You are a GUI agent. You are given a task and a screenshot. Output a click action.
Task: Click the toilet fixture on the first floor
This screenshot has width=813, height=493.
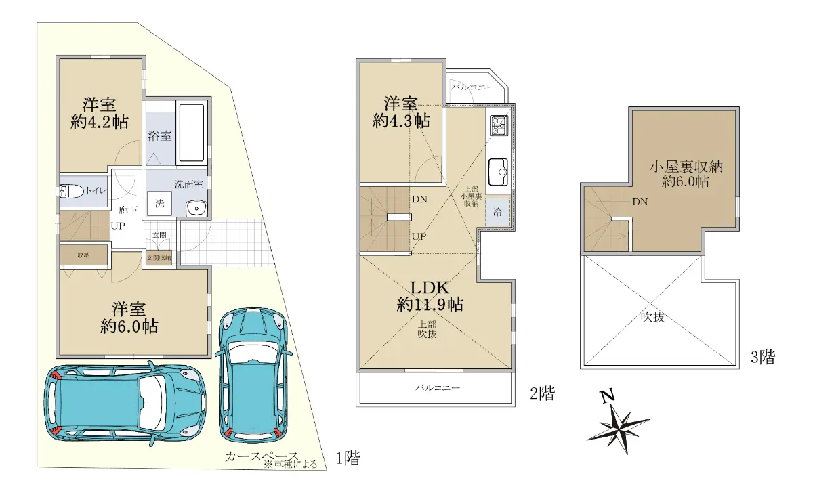point(71,191)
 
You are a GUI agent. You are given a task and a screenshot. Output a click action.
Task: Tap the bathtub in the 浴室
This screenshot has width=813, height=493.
point(191,133)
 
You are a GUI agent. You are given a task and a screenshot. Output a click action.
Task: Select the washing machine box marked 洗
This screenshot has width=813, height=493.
point(159,204)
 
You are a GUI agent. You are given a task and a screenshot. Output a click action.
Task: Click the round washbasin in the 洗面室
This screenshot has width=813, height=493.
point(196,209)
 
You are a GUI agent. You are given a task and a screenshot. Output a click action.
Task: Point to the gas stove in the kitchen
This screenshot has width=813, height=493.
point(499,125)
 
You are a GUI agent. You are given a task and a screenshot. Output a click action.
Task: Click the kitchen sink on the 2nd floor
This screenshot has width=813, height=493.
point(497,172)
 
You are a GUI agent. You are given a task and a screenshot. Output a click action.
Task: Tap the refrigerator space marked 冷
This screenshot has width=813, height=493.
point(497,212)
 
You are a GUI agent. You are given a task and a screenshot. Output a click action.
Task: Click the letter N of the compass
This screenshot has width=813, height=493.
point(608,395)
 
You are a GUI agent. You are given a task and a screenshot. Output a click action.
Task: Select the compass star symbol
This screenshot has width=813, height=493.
point(619,428)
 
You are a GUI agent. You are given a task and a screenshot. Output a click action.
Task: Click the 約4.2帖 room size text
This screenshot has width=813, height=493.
point(99,123)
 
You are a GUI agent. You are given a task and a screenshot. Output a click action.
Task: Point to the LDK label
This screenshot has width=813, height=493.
point(430,288)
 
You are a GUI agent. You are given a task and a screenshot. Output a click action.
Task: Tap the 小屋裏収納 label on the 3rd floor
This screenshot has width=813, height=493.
point(686,167)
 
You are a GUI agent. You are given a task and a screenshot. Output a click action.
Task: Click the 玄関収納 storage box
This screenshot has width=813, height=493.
point(159,257)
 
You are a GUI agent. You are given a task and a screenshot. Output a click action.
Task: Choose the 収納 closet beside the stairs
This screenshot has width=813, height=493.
point(83,255)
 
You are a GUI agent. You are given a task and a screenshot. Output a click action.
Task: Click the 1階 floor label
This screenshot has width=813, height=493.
point(348,458)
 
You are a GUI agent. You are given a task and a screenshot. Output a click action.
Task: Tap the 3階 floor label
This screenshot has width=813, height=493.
point(763,358)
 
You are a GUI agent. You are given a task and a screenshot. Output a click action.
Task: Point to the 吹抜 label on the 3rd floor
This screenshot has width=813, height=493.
point(652,317)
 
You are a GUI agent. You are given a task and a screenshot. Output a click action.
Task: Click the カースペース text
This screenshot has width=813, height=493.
point(262,456)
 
